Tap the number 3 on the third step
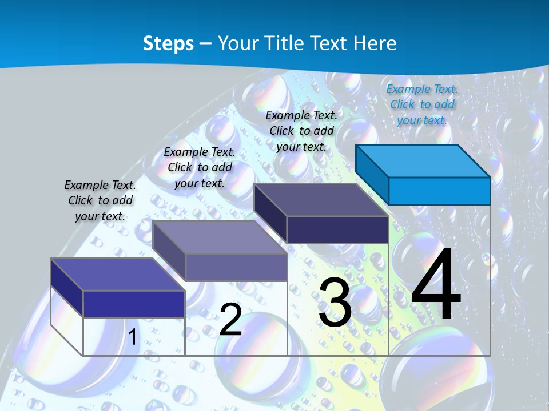[x=335, y=303]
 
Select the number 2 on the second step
[x=230, y=320]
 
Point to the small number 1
[x=132, y=337]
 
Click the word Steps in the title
[x=168, y=43]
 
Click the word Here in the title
[x=375, y=43]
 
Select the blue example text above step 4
[x=422, y=104]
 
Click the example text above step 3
[x=301, y=131]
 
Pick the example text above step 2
[x=200, y=167]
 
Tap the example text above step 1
[x=100, y=200]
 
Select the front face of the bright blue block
[x=439, y=191]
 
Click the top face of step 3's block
[x=321, y=200]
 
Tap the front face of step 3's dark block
[x=337, y=229]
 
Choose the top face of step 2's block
[x=220, y=237]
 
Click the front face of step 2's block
[x=236, y=267]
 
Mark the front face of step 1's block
[x=134, y=304]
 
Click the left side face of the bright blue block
[x=372, y=174]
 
